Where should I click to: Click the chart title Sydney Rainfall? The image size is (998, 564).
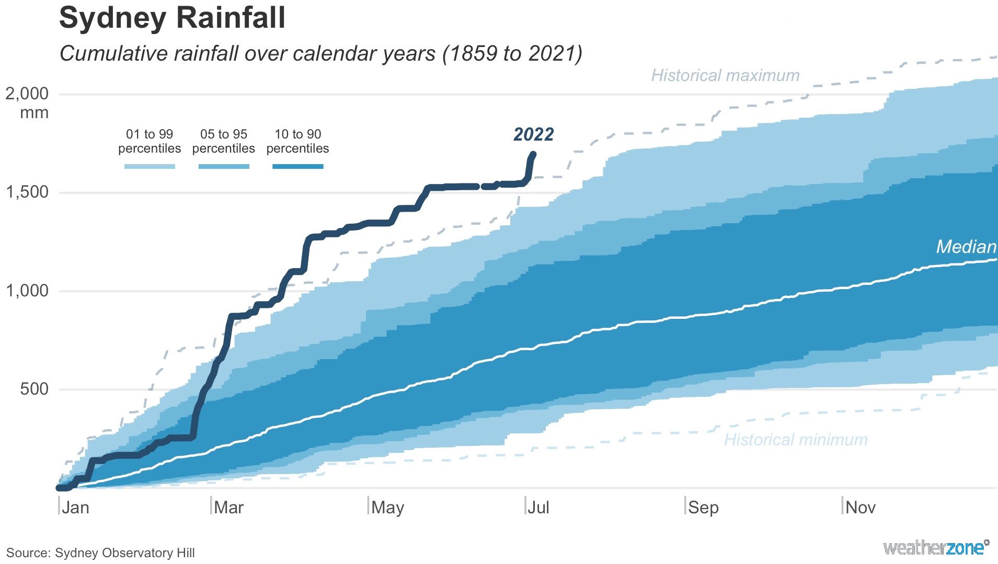click(x=172, y=18)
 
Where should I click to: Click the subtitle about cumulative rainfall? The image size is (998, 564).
click(x=320, y=54)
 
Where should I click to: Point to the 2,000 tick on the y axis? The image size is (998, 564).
click(x=27, y=94)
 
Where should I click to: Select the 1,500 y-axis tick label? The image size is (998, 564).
click(x=27, y=192)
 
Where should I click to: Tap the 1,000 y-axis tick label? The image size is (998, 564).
click(x=27, y=291)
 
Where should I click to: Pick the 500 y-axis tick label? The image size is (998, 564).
click(x=35, y=389)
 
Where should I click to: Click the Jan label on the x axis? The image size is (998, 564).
click(x=75, y=508)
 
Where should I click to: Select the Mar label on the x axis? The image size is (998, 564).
click(x=229, y=508)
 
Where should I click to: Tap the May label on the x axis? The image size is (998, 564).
click(x=387, y=508)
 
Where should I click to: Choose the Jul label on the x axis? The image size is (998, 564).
click(x=538, y=508)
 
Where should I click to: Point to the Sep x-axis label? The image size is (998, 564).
click(x=703, y=508)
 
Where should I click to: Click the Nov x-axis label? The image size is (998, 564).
click(x=861, y=508)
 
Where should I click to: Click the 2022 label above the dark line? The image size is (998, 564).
click(x=533, y=135)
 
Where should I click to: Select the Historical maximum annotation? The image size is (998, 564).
click(x=725, y=76)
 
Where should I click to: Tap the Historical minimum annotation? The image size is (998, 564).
click(x=796, y=440)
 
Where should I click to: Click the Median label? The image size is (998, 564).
click(x=966, y=247)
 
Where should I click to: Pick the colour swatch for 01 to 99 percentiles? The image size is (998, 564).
click(x=150, y=167)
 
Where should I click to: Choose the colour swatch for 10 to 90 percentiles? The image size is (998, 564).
click(x=297, y=167)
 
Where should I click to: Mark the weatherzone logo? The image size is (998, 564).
click(x=936, y=548)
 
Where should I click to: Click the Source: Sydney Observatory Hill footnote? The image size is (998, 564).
click(x=100, y=553)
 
